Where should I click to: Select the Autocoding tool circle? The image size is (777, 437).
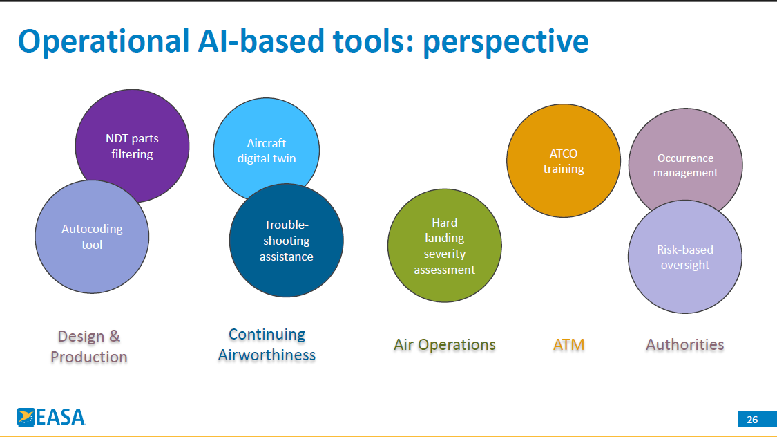click(92, 236)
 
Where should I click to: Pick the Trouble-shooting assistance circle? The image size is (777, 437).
click(287, 241)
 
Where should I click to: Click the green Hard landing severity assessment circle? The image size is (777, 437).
click(445, 245)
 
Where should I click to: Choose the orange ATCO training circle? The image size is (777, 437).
click(564, 160)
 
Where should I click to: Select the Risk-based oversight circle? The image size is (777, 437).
click(685, 257)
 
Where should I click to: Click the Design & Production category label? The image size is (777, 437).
click(89, 346)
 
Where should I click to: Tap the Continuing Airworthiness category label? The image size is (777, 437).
click(267, 344)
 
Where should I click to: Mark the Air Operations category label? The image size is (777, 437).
click(445, 344)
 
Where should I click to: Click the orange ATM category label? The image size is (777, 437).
click(569, 344)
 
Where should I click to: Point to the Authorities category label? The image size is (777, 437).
click(685, 344)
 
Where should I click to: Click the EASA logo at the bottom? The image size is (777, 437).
click(51, 417)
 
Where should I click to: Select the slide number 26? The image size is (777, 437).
click(752, 420)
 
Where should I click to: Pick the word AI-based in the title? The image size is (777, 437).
click(261, 41)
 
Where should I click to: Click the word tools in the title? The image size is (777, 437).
click(373, 41)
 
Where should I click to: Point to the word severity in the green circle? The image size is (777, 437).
click(445, 254)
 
